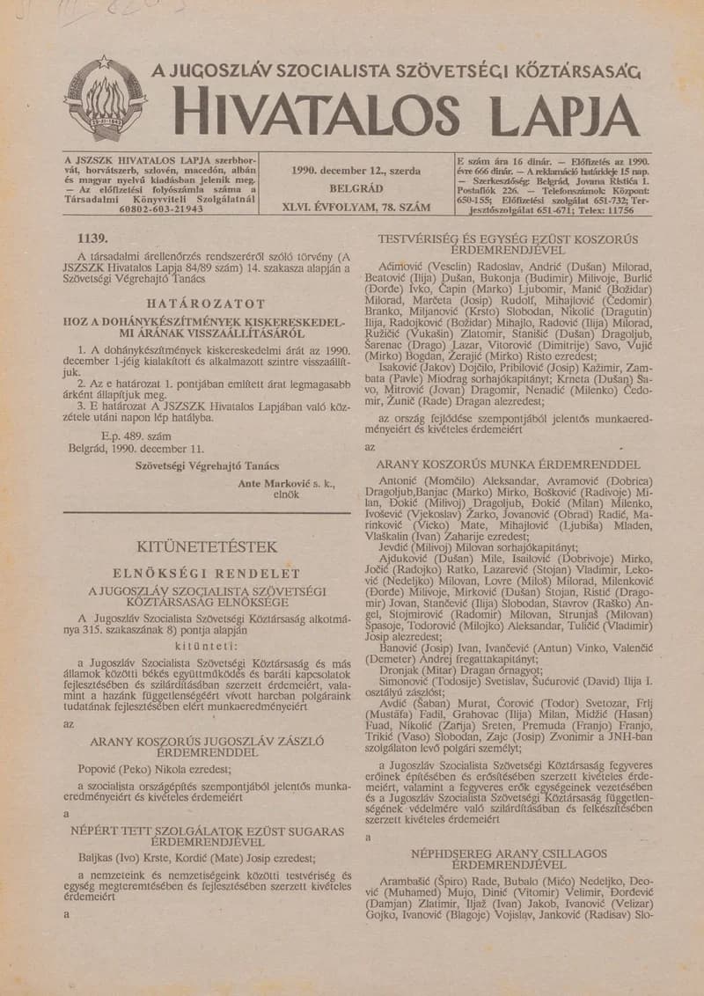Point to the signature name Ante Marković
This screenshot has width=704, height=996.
tap(275, 483)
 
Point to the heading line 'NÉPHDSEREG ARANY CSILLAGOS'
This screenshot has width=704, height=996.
tap(509, 853)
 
